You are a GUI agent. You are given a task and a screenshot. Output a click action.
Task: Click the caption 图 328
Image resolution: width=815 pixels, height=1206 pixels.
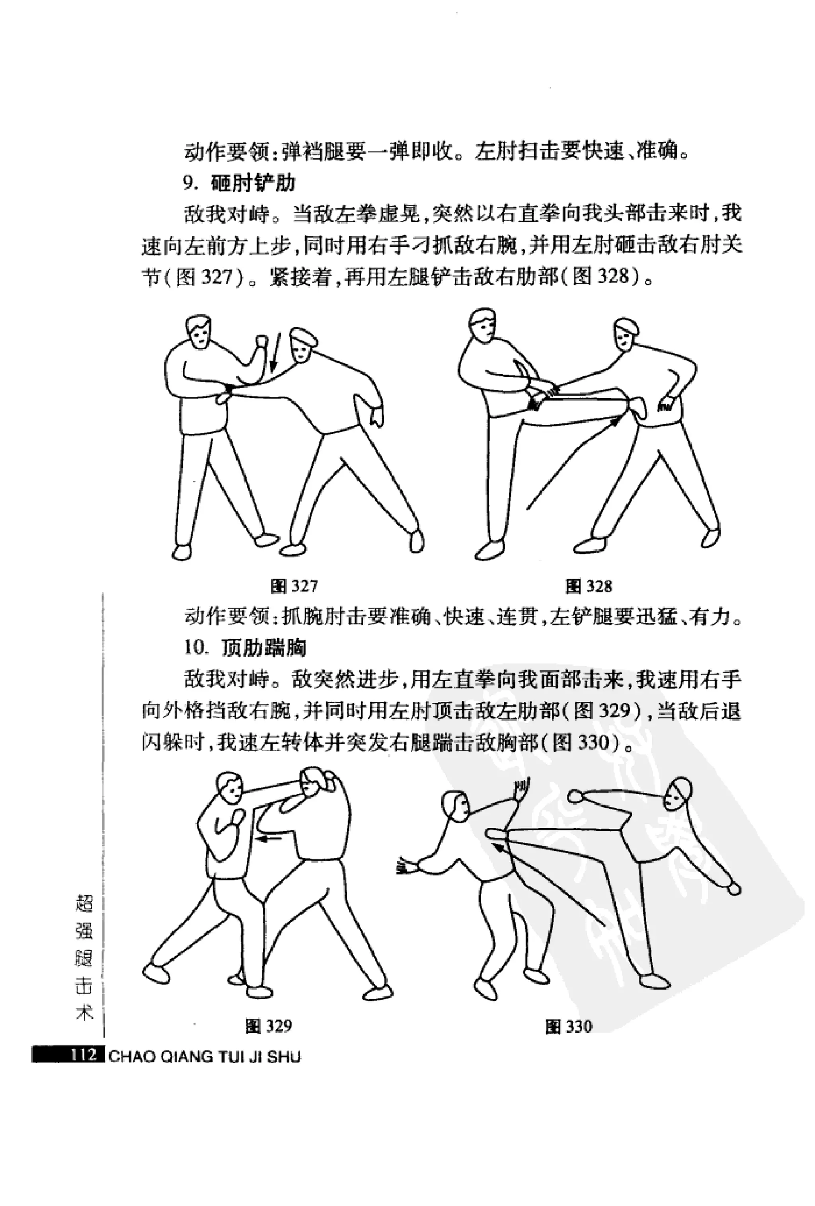coord(589,586)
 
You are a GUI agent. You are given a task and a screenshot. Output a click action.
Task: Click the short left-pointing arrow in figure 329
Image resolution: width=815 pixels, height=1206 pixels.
coord(270,838)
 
